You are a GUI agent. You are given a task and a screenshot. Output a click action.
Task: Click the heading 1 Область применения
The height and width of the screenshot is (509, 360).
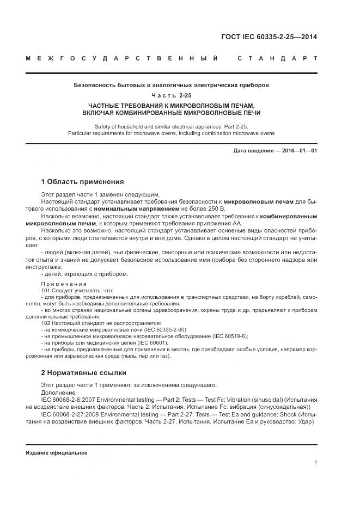point(83,182)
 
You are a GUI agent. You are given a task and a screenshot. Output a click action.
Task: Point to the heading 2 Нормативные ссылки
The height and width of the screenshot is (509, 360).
point(84,373)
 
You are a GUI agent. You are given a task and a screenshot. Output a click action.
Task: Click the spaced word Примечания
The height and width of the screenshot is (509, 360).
point(64,284)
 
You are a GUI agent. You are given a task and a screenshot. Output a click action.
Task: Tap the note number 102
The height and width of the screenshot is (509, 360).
point(46,323)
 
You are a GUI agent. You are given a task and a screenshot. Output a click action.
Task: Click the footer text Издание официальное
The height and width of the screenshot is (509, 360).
point(57,453)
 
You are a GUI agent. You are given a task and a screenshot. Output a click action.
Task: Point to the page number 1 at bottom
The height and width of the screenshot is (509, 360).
point(316,463)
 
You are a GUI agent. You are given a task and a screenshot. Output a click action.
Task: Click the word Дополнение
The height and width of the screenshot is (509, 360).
point(57,392)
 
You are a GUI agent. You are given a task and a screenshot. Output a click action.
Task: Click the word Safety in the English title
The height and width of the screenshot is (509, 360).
point(103,126)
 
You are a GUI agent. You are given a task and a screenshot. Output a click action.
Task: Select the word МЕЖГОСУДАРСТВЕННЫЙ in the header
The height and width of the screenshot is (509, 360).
point(125,58)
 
